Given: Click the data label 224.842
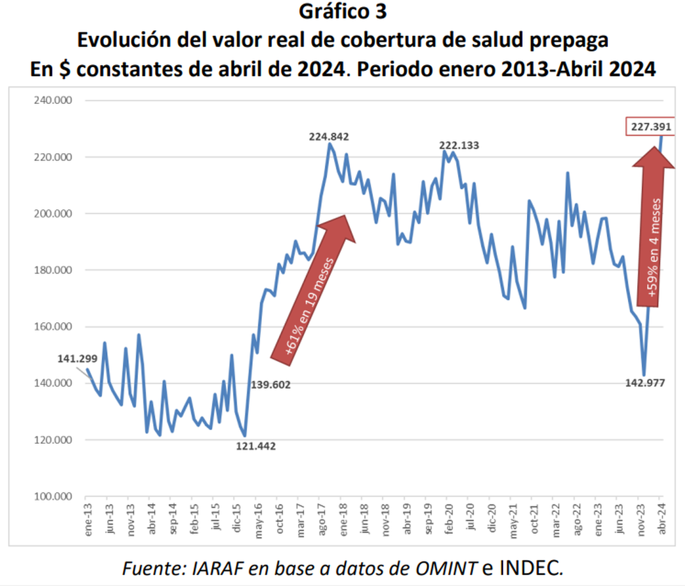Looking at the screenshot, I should tap(329, 137).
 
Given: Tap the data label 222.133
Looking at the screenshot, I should tap(459, 146).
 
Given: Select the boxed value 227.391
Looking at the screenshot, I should tap(651, 127).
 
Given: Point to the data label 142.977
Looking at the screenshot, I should tap(645, 383).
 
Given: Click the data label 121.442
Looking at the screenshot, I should tap(256, 446).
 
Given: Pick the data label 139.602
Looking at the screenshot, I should tap(271, 385).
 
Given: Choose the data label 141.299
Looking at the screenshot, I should tap(77, 359).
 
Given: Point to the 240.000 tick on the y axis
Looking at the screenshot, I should tap(53, 101).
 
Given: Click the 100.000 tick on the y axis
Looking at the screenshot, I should tap(53, 496).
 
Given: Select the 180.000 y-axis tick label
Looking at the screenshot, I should tap(53, 270).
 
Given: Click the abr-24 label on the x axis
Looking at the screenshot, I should tap(662, 520).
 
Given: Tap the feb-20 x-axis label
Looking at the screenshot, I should tap(449, 520).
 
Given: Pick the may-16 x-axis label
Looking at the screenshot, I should tap(258, 521).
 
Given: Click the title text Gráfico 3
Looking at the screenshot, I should tap(342, 11).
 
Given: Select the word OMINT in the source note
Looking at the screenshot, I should tap(446, 568).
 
